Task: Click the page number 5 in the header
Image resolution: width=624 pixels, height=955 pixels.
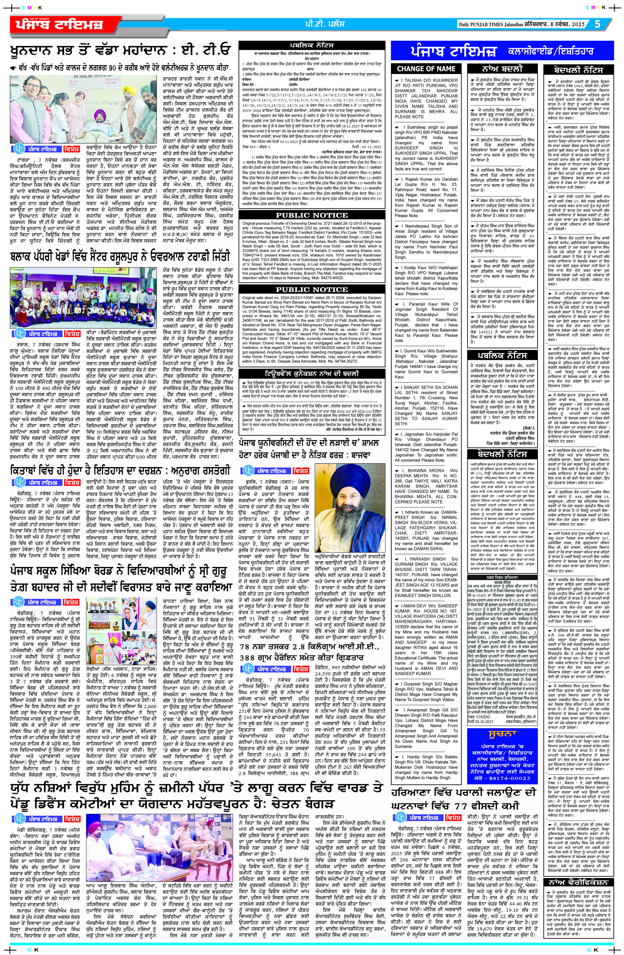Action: pos(597,24)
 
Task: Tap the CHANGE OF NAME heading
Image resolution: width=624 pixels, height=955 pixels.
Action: pos(426,69)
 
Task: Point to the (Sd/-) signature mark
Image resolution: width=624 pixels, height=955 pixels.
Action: pos(529,428)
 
